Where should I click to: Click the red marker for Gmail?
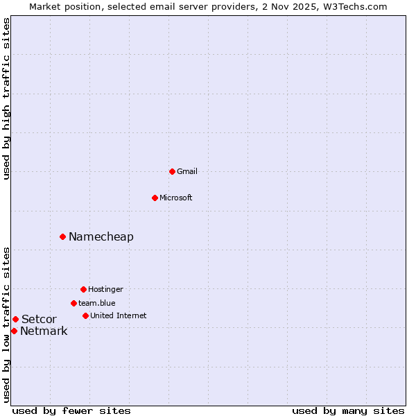click(172, 171)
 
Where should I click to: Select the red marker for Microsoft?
click(155, 198)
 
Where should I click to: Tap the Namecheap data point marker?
click(62, 236)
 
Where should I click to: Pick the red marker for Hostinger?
click(83, 289)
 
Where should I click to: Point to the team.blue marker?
click(73, 303)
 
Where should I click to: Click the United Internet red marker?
click(85, 315)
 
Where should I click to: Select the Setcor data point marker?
click(15, 319)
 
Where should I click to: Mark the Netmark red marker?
click(14, 331)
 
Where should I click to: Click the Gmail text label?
click(187, 171)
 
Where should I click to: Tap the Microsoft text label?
click(175, 198)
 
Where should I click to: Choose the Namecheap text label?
click(101, 236)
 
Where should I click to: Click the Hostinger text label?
click(105, 289)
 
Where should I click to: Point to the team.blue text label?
click(96, 303)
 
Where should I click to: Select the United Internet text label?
click(118, 315)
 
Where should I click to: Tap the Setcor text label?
click(39, 319)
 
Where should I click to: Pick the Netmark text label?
click(44, 331)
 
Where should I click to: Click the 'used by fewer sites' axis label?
click(71, 410)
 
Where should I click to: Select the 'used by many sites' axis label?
click(348, 410)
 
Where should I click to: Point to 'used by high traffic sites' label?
click(6, 98)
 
